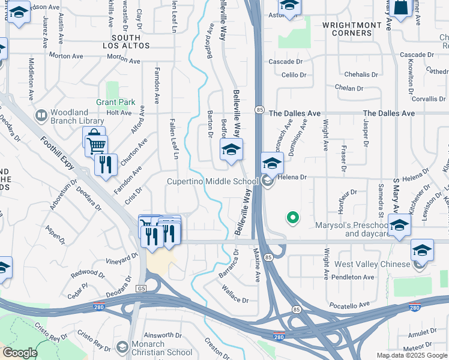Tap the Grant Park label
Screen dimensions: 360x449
(116, 102)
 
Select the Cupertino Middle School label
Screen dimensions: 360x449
(212, 181)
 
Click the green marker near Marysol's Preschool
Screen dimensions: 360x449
(293, 217)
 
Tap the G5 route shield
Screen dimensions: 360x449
(141, 289)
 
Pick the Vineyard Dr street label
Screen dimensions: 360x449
(121, 259)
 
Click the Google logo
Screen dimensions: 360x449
(20, 353)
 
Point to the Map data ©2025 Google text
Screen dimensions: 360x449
(411, 355)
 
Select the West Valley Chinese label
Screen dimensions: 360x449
(367, 264)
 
